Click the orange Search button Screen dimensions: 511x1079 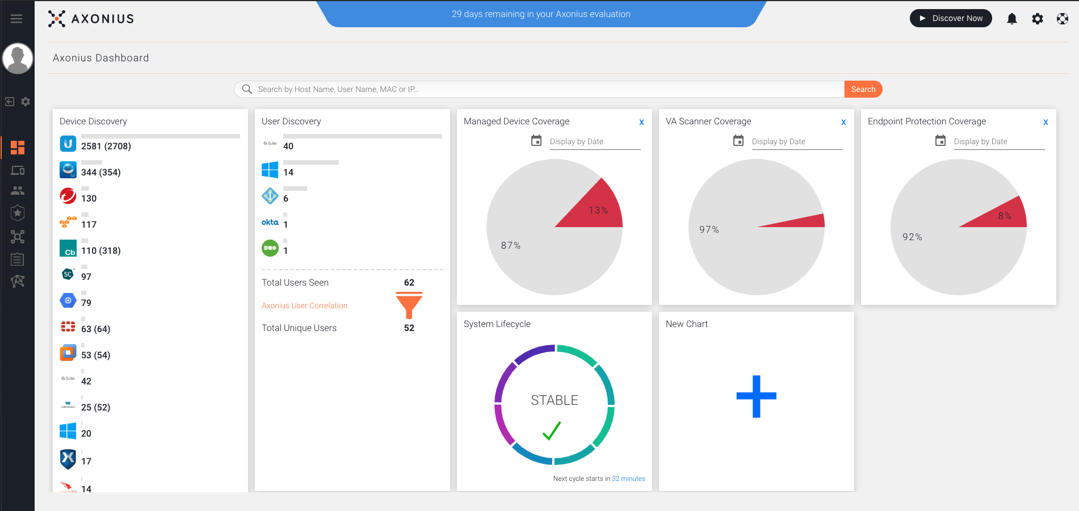863,89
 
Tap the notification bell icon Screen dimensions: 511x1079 1011,19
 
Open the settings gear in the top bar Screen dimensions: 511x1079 1037,19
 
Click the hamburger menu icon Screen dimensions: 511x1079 16,19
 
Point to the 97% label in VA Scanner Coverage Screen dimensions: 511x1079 709,229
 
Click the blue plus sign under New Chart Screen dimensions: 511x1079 756,396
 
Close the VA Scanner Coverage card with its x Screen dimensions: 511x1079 843,122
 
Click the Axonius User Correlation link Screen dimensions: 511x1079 304,305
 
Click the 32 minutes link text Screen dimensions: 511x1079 628,479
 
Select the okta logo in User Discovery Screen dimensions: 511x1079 270,222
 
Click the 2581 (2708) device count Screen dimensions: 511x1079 106,146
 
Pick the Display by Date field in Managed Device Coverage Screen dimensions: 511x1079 594,141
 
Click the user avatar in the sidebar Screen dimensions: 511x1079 18,58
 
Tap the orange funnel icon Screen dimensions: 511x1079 409,305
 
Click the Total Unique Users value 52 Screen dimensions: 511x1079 409,328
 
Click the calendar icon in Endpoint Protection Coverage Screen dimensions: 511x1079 941,140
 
